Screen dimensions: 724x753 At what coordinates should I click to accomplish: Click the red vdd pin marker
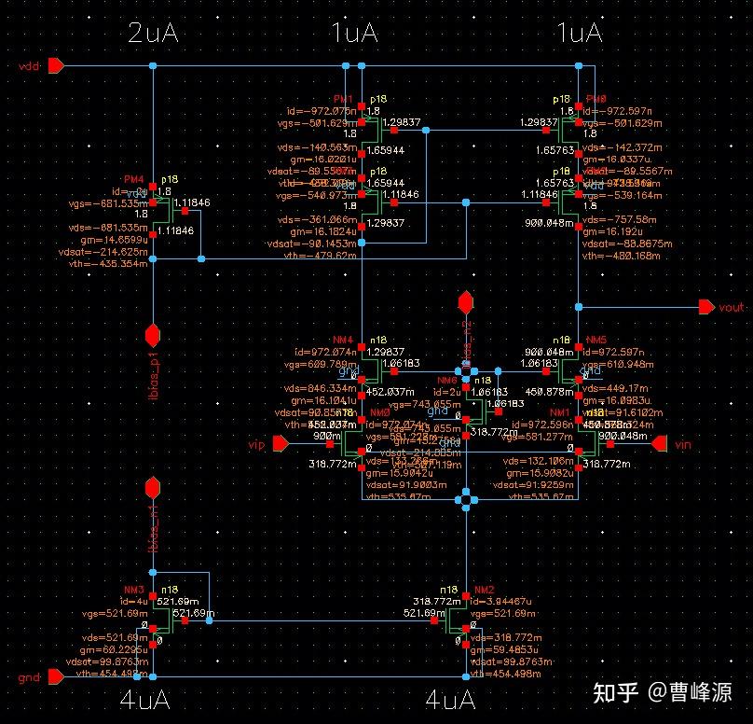56,65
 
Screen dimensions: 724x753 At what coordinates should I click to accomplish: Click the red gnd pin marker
56,678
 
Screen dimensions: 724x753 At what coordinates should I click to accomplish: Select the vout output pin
705,306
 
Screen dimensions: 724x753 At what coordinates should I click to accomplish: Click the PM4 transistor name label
134,179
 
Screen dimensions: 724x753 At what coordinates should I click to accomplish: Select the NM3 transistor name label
133,590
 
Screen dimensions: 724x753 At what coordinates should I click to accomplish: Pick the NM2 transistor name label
483,590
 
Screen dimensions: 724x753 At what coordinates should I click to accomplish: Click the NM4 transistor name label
343,340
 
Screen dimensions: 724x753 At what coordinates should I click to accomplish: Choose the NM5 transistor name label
596,340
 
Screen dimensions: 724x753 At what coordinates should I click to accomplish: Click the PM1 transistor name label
343,99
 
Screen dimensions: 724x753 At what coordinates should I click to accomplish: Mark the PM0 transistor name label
596,99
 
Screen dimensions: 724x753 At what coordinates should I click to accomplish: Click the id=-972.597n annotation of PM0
618,110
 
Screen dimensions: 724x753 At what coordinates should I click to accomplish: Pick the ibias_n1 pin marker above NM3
153,487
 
